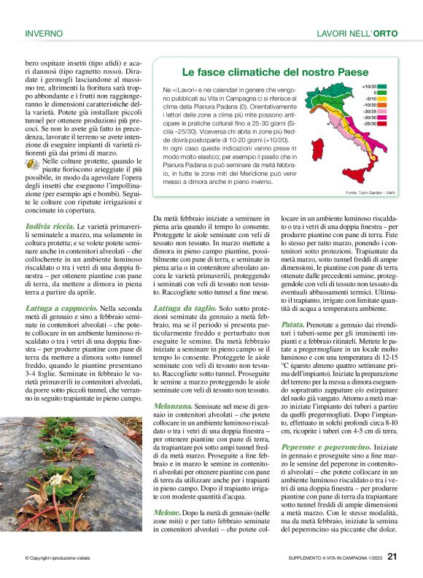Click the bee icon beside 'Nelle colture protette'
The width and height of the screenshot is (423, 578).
click(33, 165)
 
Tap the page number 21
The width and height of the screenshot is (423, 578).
click(392, 557)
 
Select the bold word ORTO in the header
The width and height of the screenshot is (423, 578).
click(384, 34)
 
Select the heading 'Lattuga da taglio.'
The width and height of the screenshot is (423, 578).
click(184, 309)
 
